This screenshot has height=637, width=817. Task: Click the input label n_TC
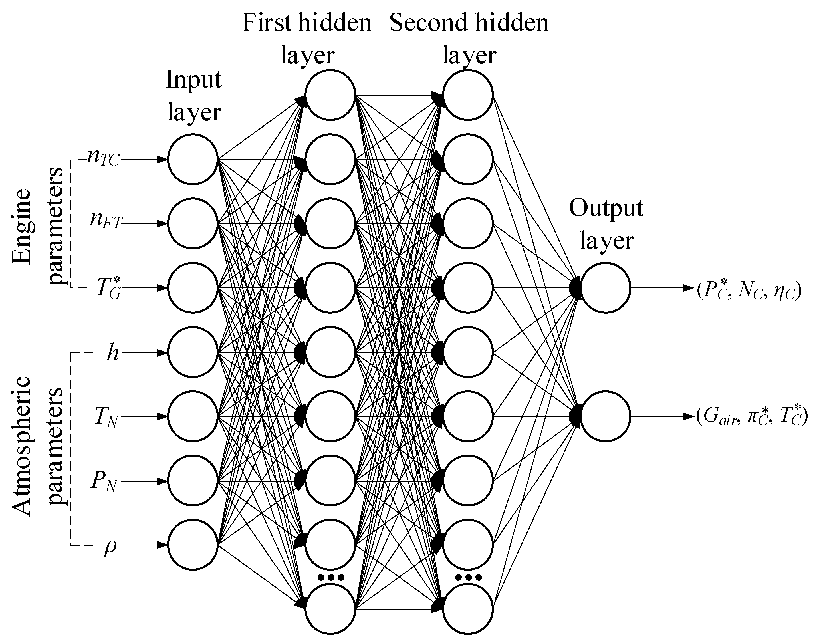click(103, 159)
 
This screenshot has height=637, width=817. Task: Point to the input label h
click(112, 353)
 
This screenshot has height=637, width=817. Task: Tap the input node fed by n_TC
click(193, 159)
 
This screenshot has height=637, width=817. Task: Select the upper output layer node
click(606, 288)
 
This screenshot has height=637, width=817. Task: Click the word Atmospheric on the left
click(22, 447)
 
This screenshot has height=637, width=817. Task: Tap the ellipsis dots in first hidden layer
click(330, 578)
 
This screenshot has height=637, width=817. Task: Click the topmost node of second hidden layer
click(468, 95)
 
